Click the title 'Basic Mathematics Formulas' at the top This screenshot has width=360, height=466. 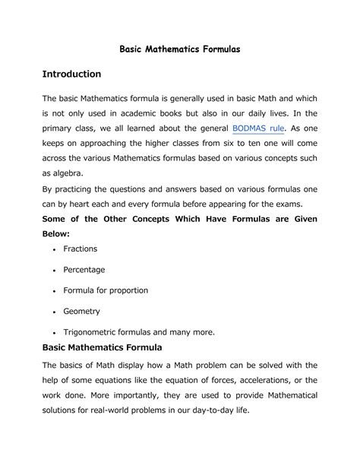pyautogui.click(x=180, y=47)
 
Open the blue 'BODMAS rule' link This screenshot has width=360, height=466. pyautogui.click(x=258, y=128)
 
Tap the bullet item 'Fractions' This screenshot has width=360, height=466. pyautogui.click(x=80, y=249)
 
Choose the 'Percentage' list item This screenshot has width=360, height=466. pyautogui.click(x=84, y=269)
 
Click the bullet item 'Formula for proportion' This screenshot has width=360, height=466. pyautogui.click(x=105, y=290)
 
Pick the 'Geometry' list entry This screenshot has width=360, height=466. pyautogui.click(x=81, y=311)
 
